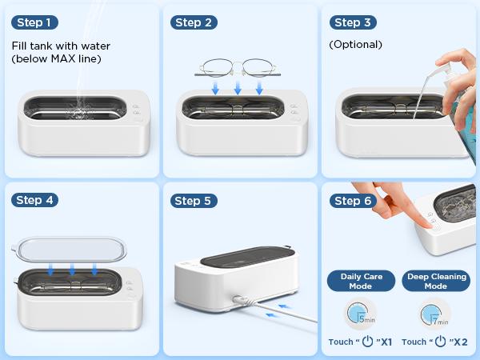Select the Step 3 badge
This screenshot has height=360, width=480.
tap(353, 22)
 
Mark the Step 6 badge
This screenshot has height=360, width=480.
tap(353, 200)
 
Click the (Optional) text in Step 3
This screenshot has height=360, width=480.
tap(356, 45)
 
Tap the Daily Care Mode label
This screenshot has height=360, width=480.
tap(362, 281)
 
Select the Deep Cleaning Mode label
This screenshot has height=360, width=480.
tap(436, 281)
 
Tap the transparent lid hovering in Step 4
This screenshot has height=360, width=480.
tap(70, 250)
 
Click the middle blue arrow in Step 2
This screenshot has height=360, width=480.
tap(238, 87)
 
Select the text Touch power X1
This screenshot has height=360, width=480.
tap(361, 342)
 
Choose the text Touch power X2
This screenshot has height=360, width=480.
tap(436, 342)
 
